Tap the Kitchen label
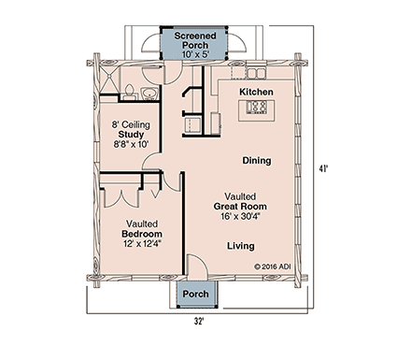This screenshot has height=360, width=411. pos(255,92)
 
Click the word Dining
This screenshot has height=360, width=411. pos(257,160)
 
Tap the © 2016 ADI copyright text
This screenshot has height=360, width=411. pos(275,265)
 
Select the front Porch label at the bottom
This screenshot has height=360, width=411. pos(195,294)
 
